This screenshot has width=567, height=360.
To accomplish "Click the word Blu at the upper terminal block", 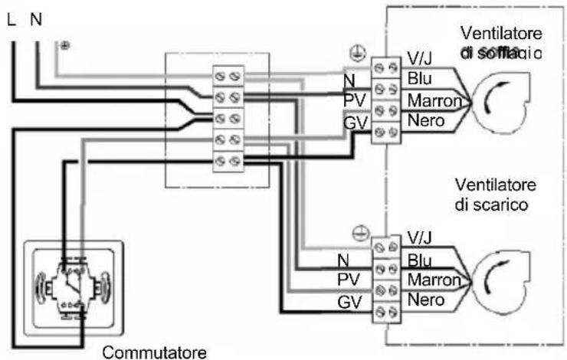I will coord(420,80).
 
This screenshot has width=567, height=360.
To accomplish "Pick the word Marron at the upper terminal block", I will coord(435,100).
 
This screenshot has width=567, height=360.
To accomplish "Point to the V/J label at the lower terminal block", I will coord(421,237).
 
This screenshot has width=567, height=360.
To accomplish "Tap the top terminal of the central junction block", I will coord(225,75).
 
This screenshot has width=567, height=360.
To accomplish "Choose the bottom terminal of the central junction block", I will coord(225,161).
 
